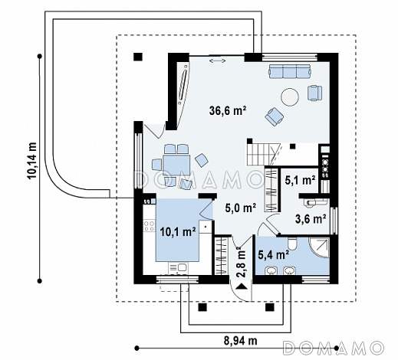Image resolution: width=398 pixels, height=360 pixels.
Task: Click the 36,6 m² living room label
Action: click(228, 111)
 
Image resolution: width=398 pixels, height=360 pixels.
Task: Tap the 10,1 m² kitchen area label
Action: click(178, 232)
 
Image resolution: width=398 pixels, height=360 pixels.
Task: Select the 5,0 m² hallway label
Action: click(241, 208)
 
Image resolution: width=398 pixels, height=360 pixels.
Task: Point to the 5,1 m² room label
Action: click(300, 180)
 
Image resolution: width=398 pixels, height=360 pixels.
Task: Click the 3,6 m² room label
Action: click(311, 218)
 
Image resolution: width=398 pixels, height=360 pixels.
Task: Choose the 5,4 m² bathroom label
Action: click(274, 254)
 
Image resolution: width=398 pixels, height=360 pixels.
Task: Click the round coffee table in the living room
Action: click(290, 97)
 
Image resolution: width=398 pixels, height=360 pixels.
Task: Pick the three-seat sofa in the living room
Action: click(290, 71)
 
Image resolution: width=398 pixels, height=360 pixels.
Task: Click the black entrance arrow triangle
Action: click(242, 286)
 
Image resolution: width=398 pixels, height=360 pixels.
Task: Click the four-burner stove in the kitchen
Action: click(150, 226)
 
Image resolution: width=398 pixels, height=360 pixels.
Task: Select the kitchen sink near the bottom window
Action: click(179, 267)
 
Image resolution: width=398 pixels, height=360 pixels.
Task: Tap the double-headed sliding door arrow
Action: click(218, 61)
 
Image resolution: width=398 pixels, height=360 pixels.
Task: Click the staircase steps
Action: click(262, 155)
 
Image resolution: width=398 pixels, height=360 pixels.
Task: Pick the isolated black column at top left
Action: click(138, 57)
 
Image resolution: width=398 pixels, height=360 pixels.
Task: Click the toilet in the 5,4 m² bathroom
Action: click(291, 244)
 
